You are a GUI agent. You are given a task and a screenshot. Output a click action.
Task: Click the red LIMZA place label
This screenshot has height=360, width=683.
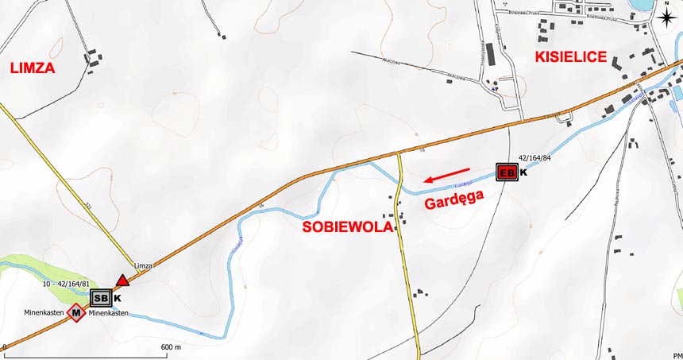click(33, 68)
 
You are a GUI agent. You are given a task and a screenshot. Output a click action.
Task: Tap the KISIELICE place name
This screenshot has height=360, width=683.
click(571, 56)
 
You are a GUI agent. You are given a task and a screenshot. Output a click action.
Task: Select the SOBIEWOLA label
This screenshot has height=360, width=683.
click(348, 227)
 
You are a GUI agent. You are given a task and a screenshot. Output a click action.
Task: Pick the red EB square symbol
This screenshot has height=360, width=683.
click(507, 172)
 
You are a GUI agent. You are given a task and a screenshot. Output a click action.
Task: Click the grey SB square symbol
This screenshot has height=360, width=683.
click(101, 299)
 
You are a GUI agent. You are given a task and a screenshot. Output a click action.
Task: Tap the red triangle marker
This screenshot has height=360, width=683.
click(122, 280)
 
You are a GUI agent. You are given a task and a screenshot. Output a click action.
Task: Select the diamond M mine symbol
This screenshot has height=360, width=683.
click(76, 313)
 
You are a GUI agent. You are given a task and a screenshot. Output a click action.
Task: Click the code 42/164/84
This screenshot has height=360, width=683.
click(534, 159)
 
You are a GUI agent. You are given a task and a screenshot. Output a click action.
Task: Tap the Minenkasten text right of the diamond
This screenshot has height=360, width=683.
click(109, 313)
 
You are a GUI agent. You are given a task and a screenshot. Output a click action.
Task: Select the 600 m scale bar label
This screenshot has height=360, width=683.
click(172, 347)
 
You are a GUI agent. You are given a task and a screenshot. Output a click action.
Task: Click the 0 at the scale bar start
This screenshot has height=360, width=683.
click(4, 347)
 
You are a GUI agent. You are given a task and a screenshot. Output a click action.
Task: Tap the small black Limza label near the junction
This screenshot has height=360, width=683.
click(143, 265)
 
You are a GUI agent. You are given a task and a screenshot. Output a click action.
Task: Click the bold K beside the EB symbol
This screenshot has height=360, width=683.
click(523, 172)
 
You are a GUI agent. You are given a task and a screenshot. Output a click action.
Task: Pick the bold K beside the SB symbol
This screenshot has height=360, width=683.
click(118, 299)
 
